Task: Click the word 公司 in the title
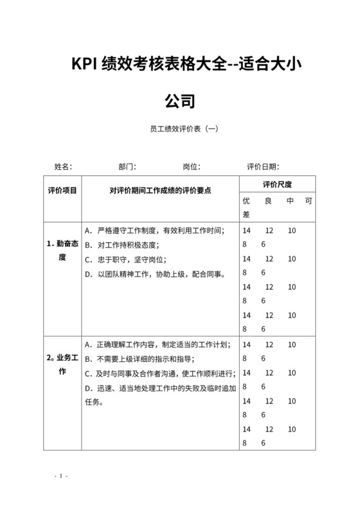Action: [179, 100]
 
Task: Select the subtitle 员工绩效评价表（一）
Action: [179, 129]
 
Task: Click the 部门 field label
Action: [127, 166]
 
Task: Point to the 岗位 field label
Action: [191, 166]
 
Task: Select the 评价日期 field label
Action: [262, 166]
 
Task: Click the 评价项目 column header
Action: [62, 190]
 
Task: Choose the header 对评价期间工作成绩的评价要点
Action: [160, 190]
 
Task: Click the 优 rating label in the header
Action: [246, 201]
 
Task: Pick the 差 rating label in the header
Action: [246, 214]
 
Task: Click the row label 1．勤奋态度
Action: [62, 251]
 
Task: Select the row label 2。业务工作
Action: [62, 365]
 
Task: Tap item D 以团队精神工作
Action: [154, 274]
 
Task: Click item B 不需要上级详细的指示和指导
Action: [148, 359]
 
